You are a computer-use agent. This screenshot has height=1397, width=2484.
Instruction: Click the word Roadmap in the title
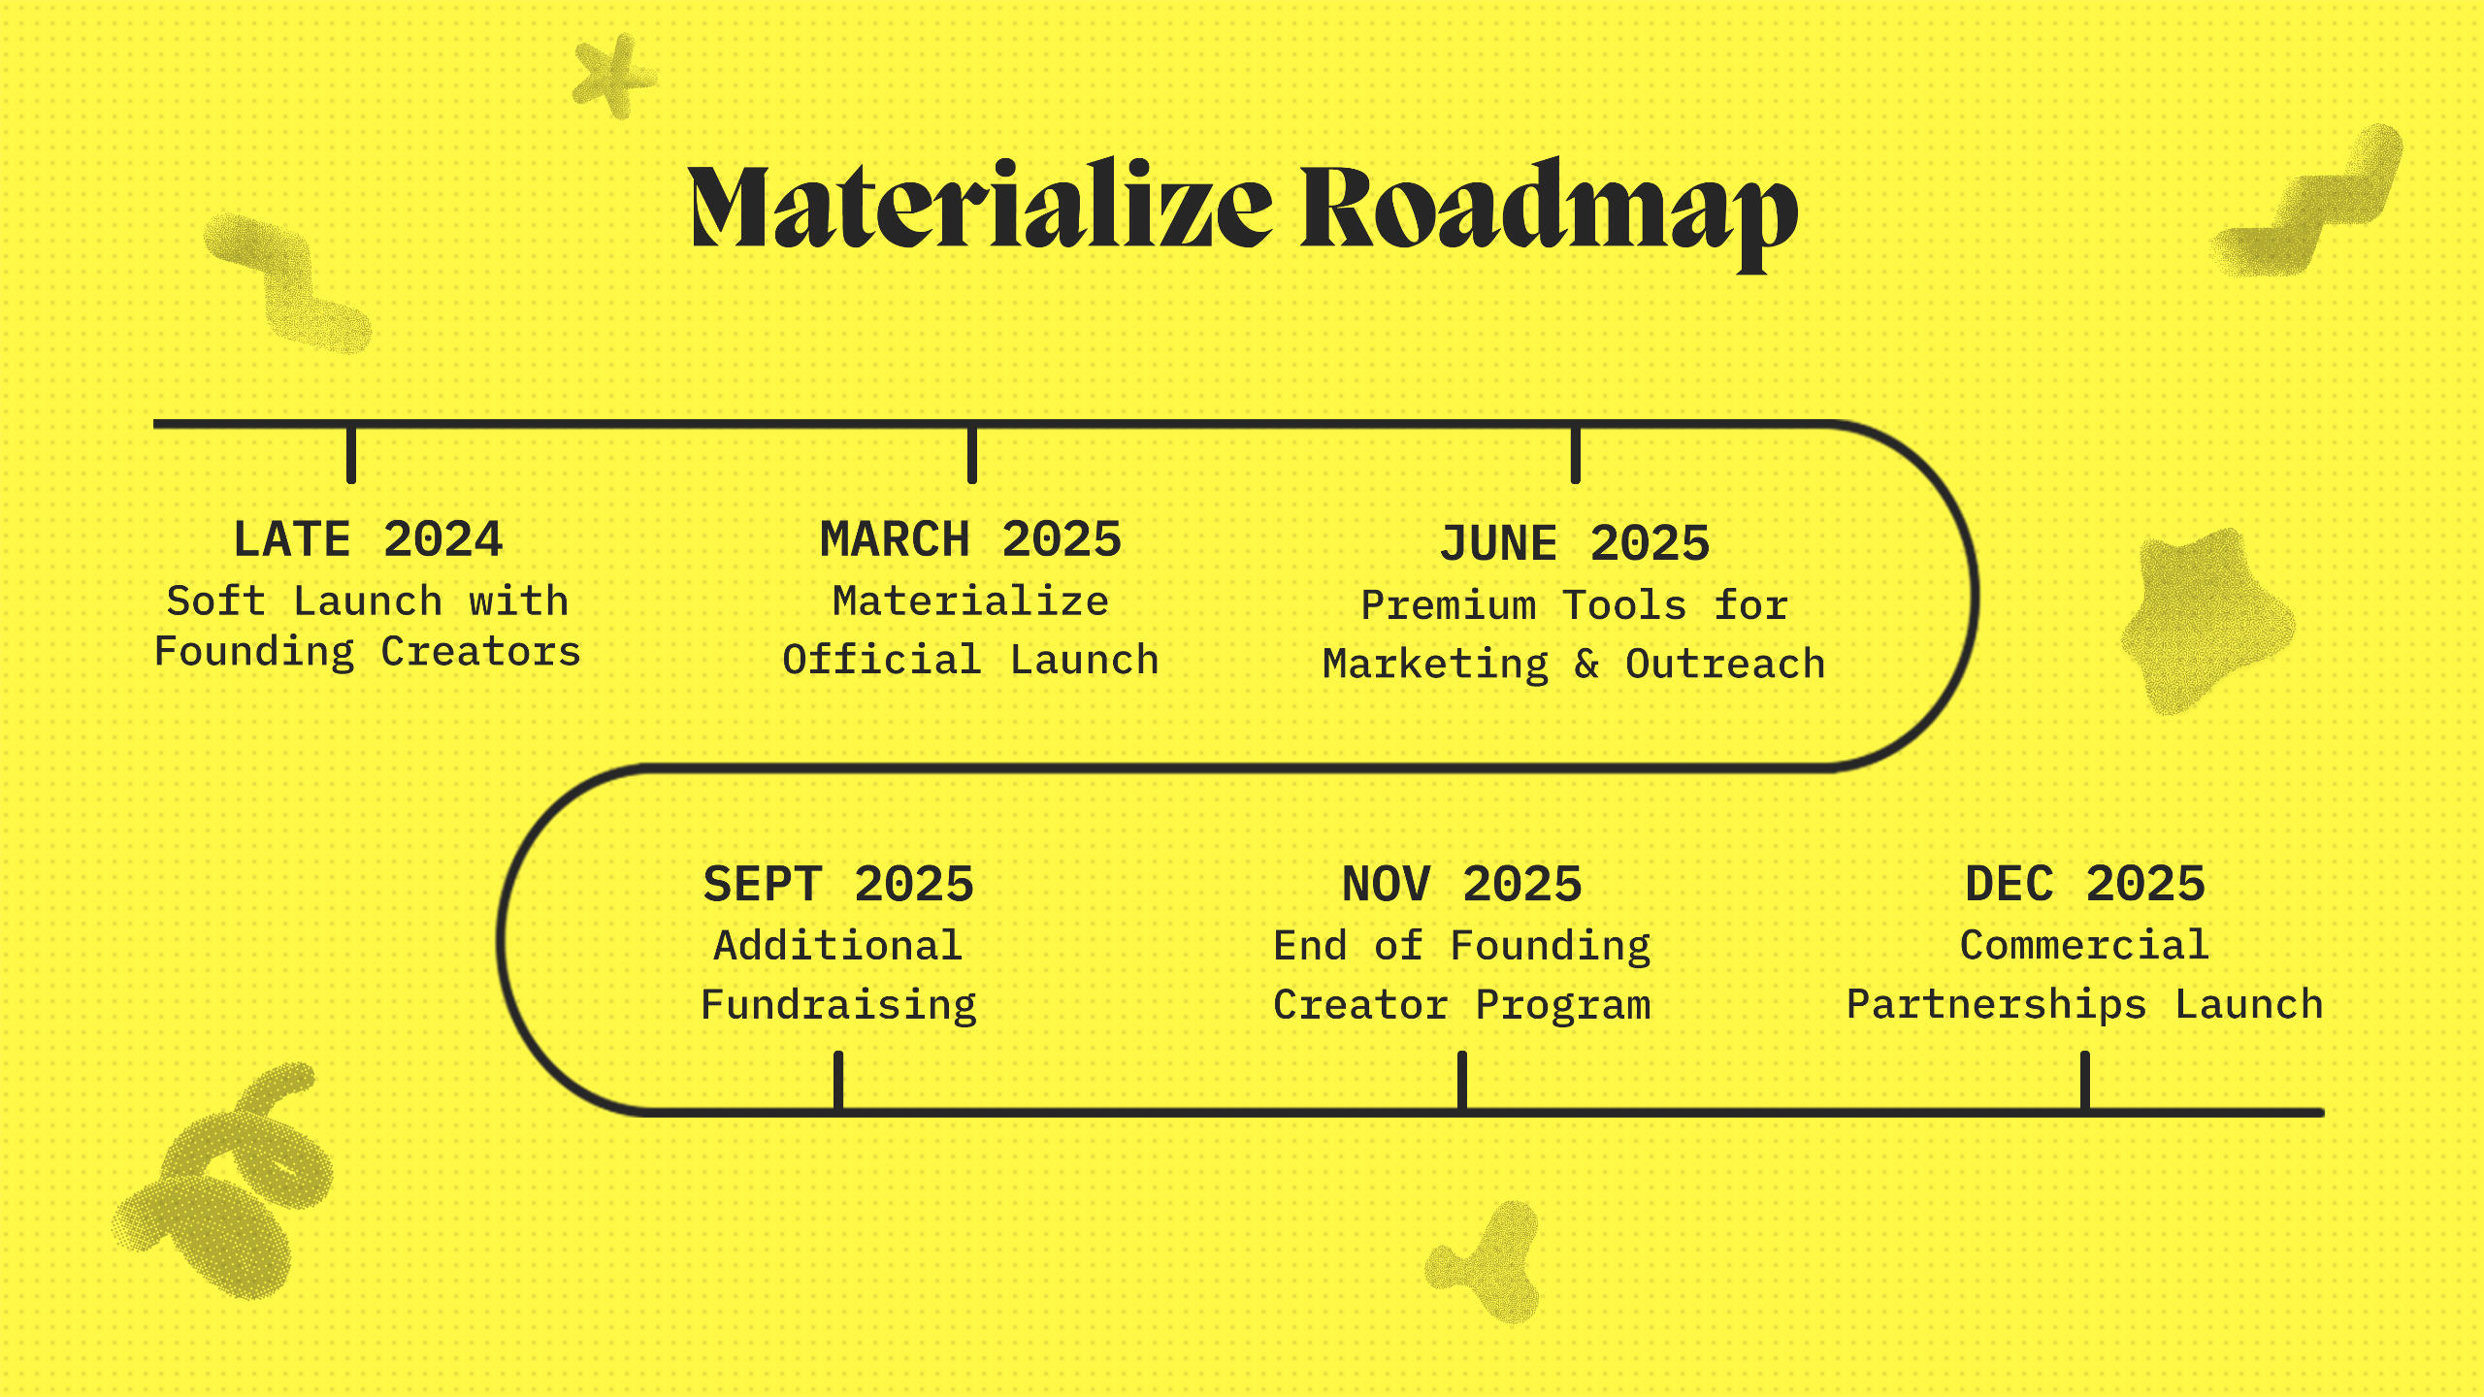(1549, 213)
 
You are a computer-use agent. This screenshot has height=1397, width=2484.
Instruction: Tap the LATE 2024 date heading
(368, 539)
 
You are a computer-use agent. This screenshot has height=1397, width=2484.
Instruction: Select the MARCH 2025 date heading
(970, 539)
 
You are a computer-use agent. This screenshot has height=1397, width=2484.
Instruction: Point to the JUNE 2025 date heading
(1574, 543)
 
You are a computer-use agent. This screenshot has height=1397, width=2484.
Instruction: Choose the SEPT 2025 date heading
(838, 884)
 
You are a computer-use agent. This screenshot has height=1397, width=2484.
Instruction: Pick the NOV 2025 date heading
(1462, 884)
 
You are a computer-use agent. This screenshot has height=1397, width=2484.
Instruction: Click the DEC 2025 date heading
(2085, 884)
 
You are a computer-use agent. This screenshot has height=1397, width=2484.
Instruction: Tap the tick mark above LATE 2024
(351, 454)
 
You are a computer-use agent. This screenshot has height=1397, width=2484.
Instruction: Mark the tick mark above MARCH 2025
(972, 454)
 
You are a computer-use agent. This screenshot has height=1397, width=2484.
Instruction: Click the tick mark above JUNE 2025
(1576, 454)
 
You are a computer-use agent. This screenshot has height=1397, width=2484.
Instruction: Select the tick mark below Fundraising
(838, 1080)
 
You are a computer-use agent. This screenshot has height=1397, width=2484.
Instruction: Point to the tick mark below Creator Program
(1462, 1080)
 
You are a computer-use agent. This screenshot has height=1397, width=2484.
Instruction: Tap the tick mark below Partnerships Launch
(2085, 1080)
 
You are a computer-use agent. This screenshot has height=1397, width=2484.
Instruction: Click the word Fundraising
(838, 1006)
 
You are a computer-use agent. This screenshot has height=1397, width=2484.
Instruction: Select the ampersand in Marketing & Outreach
(1586, 665)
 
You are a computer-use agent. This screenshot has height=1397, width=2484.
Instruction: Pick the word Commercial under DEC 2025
(2084, 945)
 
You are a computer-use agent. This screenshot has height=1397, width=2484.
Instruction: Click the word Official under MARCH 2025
(882, 660)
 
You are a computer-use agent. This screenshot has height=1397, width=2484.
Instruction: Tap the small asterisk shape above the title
(614, 75)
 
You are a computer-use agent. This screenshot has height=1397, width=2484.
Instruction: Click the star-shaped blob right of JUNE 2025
(2205, 621)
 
